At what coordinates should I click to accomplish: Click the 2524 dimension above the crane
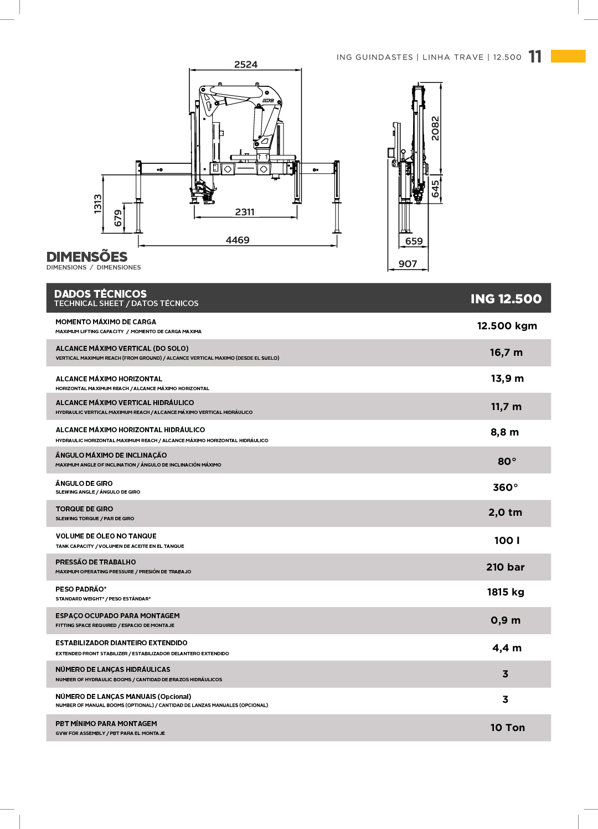[246, 65]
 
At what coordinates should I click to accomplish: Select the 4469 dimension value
[238, 240]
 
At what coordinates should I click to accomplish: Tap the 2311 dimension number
[245, 212]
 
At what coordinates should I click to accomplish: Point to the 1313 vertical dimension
[98, 204]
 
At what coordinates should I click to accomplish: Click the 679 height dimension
[118, 217]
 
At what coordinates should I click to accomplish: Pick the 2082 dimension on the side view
[435, 128]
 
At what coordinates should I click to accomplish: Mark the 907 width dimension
[408, 264]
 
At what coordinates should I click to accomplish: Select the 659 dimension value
[414, 241]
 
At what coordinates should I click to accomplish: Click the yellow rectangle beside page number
[568, 56]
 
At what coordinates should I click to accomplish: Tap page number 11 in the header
[535, 57]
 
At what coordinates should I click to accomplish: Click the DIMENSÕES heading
[87, 257]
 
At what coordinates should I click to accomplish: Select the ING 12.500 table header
[506, 299]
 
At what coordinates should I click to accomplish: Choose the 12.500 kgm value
[507, 326]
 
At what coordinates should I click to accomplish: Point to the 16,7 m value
[506, 353]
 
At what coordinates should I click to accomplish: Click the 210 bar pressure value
[505, 567]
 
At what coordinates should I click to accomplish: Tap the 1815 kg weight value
[506, 592]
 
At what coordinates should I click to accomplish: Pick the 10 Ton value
[507, 728]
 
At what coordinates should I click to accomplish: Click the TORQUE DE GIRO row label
[84, 509]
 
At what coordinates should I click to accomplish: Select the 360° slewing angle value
[506, 488]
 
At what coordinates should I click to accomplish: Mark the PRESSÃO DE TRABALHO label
[96, 562]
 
